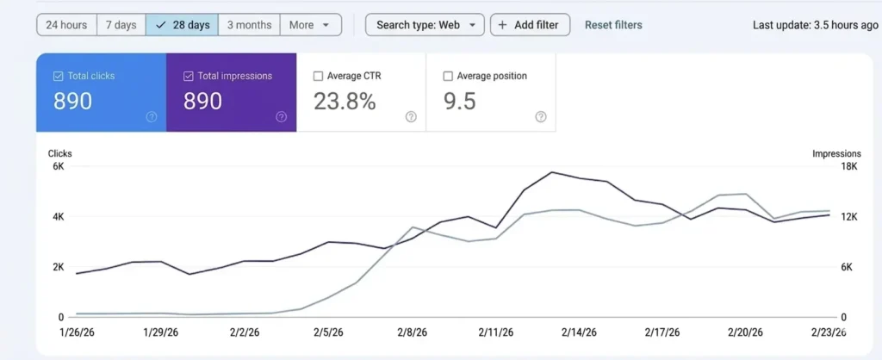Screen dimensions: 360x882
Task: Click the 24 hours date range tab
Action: click(x=66, y=25)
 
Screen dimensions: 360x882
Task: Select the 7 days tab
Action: click(x=121, y=25)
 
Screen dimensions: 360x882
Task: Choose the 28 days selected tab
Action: click(x=182, y=25)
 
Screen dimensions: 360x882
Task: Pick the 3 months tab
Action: click(x=249, y=25)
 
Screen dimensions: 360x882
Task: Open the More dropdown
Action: click(x=310, y=25)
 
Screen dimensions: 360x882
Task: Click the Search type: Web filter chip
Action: click(x=425, y=25)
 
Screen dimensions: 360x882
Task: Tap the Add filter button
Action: click(x=529, y=25)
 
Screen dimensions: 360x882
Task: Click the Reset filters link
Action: click(x=613, y=25)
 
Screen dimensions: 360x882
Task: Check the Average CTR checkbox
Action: click(x=319, y=76)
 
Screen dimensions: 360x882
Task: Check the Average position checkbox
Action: click(x=448, y=76)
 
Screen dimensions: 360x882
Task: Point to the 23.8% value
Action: click(x=345, y=102)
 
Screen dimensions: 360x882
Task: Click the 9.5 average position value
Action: click(x=460, y=102)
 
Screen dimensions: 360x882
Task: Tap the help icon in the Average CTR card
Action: click(x=411, y=117)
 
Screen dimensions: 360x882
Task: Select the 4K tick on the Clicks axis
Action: click(x=59, y=217)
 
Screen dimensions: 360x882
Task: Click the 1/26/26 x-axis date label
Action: click(x=76, y=332)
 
